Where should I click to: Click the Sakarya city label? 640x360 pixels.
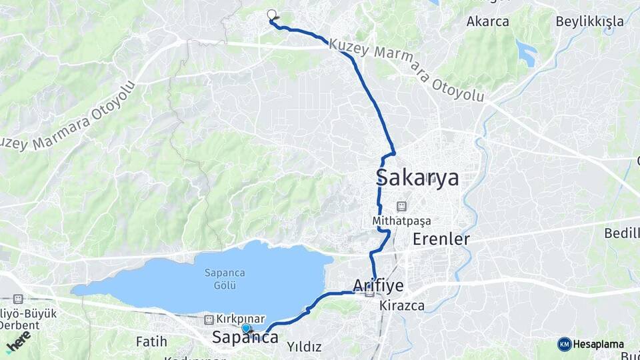click(417, 178)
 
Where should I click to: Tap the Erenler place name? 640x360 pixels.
click(441, 239)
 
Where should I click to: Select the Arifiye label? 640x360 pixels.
click(378, 286)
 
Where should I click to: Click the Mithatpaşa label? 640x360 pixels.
click(402, 220)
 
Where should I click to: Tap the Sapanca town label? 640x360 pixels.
click(245, 338)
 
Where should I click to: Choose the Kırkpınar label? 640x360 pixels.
click(241, 319)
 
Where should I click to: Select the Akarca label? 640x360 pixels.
click(487, 21)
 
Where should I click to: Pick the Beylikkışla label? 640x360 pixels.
click(590, 21)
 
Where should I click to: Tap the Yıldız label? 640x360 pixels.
click(304, 347)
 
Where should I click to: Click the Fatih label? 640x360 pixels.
click(151, 341)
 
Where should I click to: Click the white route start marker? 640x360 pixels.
click(271, 14)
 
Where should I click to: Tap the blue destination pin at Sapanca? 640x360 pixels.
click(246, 328)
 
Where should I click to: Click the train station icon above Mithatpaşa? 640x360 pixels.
click(401, 206)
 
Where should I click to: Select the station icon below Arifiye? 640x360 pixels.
click(369, 292)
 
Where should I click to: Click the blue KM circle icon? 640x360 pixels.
click(565, 345)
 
